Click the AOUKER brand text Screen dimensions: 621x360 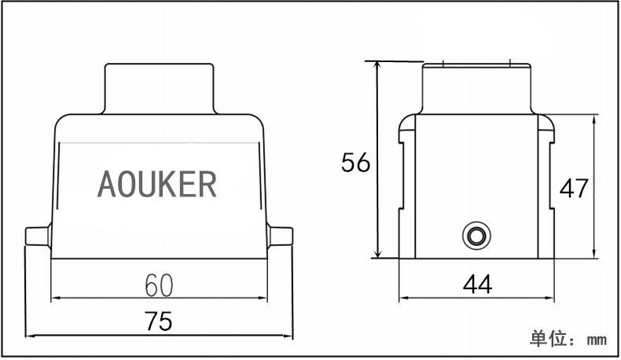click(x=157, y=184)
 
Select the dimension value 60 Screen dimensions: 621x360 click(x=159, y=285)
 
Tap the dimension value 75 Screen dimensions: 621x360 click(x=159, y=321)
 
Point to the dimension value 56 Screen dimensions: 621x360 click(x=355, y=162)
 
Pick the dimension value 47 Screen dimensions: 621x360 click(x=574, y=188)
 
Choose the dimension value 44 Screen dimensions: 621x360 click(x=478, y=284)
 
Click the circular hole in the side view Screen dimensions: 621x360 click(x=476, y=236)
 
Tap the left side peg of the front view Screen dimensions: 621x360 click(x=39, y=236)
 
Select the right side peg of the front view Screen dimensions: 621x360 click(x=280, y=236)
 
